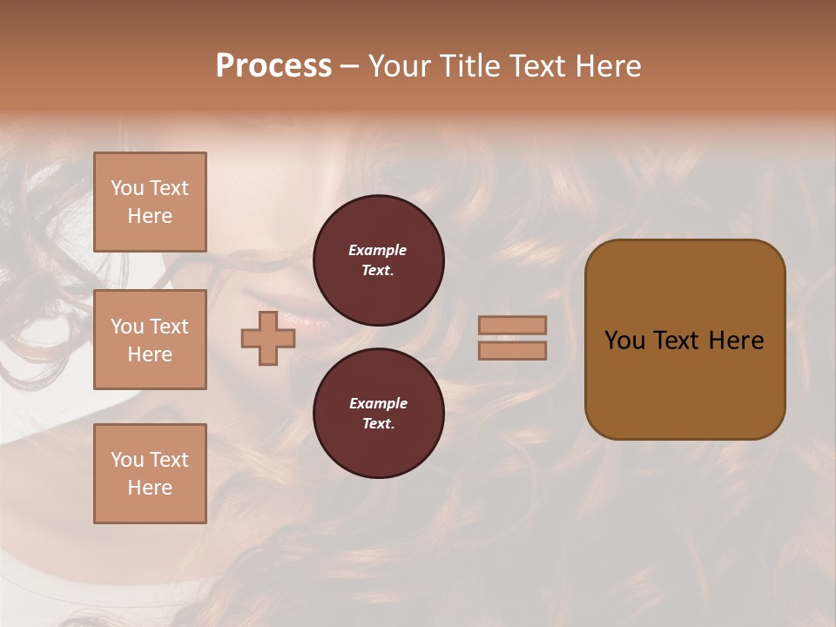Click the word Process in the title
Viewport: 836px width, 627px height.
(x=273, y=66)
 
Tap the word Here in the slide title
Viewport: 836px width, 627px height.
(x=604, y=66)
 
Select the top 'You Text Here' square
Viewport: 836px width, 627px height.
(x=150, y=202)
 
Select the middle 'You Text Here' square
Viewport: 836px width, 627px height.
(x=150, y=340)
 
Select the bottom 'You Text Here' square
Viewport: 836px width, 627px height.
(x=150, y=474)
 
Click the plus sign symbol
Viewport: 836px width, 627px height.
(x=268, y=338)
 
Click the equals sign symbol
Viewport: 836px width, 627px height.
(x=512, y=338)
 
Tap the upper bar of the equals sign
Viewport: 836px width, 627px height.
(x=512, y=325)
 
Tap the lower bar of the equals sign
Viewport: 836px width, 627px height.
(x=512, y=350)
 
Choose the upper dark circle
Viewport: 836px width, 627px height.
(x=378, y=260)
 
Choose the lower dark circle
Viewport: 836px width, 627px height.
(x=378, y=414)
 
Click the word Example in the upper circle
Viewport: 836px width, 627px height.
(x=377, y=250)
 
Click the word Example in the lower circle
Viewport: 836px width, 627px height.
(x=378, y=403)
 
